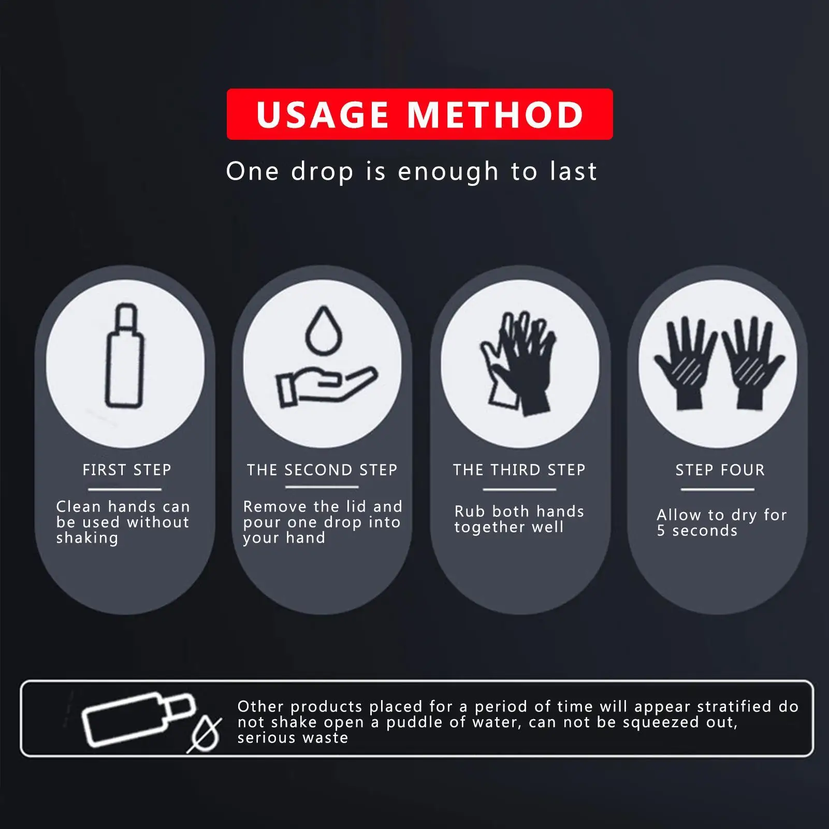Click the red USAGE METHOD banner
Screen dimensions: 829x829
pos(419,114)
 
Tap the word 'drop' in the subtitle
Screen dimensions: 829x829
pos(323,172)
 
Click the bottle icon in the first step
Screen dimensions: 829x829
pos(124,355)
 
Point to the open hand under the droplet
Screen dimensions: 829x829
pos(326,386)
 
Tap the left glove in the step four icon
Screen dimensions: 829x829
pos(685,362)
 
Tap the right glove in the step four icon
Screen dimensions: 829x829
pos(754,362)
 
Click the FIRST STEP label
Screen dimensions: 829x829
pos(127,470)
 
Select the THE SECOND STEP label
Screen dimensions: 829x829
pos(322,470)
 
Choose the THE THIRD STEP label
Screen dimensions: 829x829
pos(519,470)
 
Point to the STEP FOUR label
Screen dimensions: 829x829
pos(720,470)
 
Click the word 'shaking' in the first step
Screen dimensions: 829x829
pos(88,539)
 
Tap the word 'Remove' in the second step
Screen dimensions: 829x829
pos(275,506)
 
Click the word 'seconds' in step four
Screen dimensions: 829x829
pos(705,531)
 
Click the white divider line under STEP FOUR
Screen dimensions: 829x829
pos(718,489)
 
